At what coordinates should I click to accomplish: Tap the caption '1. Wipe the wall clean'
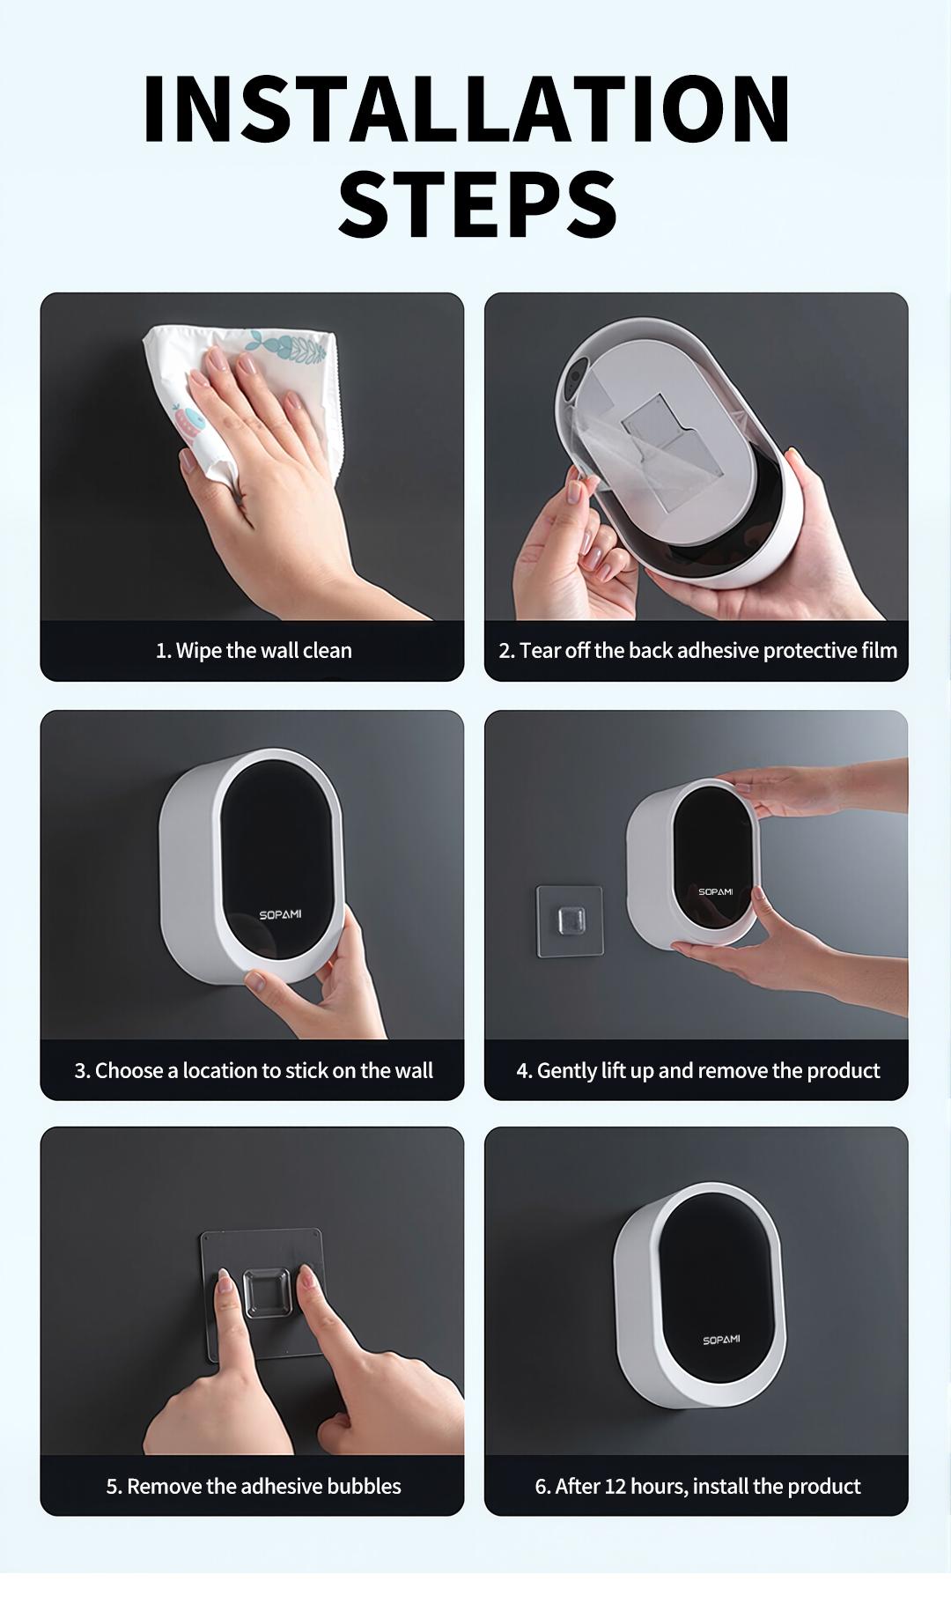(254, 651)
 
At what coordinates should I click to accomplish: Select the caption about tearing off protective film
(697, 651)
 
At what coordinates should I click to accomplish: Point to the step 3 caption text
(254, 1071)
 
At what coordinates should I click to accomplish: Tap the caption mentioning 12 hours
(697, 1487)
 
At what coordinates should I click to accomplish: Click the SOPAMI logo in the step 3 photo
(280, 914)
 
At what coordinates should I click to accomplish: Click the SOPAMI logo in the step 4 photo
(716, 891)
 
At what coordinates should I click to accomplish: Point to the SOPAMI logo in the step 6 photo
(721, 1340)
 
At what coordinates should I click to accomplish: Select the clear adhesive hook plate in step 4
(570, 920)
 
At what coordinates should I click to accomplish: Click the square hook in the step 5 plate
(268, 1293)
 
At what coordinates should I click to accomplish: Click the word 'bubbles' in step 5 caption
(364, 1487)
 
